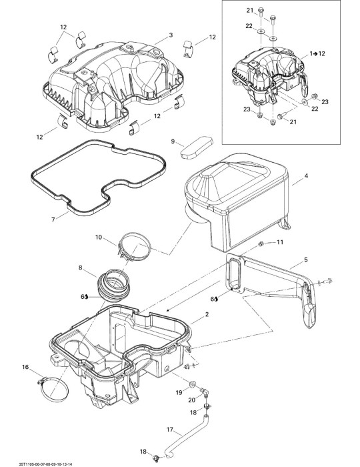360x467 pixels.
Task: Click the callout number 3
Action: [171, 35]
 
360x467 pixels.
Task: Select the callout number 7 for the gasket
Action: [53, 219]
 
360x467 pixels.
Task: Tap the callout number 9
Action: [173, 141]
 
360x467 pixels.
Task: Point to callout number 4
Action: [306, 175]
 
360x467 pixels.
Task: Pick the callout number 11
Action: [280, 242]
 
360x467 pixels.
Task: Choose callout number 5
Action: [306, 260]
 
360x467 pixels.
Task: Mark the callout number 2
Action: [207, 314]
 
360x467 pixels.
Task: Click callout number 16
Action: [25, 367]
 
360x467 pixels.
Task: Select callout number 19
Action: [179, 392]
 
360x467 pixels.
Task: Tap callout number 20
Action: [192, 400]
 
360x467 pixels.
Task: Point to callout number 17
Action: [169, 429]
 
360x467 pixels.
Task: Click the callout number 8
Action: [80, 268]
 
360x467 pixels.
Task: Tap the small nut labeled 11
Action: [261, 244]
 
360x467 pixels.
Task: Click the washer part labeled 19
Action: [192, 384]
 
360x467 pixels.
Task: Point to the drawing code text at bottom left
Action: [46, 464]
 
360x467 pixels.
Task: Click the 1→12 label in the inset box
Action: [317, 53]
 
